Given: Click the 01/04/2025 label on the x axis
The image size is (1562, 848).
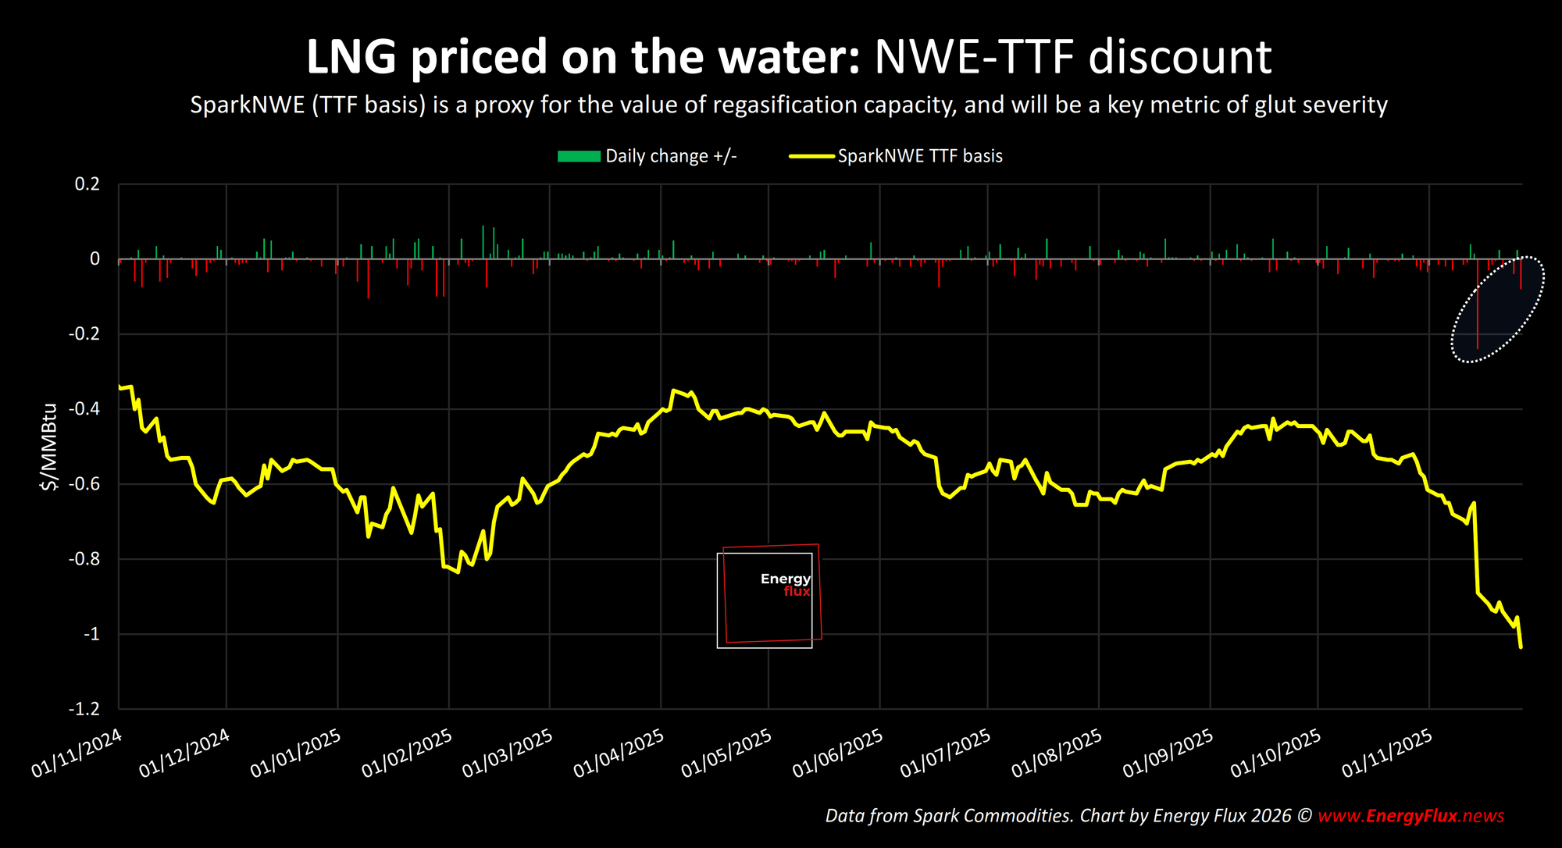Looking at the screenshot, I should [x=619, y=753].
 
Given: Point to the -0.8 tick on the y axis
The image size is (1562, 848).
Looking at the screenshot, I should [x=84, y=559].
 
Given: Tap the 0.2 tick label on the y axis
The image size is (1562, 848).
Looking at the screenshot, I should [x=87, y=184].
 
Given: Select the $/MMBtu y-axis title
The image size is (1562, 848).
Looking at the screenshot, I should [x=49, y=447].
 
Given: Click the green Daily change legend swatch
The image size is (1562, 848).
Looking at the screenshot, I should [x=579, y=156].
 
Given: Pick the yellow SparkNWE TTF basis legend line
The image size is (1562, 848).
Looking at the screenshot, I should [x=812, y=156].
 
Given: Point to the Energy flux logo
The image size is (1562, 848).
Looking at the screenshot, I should [x=769, y=596].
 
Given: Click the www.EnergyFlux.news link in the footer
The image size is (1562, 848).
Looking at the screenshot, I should [x=1410, y=816].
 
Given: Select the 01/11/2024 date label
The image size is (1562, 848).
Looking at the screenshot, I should [x=77, y=753].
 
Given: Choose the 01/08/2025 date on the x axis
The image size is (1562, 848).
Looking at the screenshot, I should [x=1057, y=753].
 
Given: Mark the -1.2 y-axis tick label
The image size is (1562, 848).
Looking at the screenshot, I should [x=84, y=709].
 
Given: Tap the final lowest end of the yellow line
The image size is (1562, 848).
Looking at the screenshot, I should [x=1521, y=647].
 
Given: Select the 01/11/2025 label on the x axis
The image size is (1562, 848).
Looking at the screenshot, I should [x=1387, y=753].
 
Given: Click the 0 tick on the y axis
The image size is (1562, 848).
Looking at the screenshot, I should [x=95, y=259].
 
